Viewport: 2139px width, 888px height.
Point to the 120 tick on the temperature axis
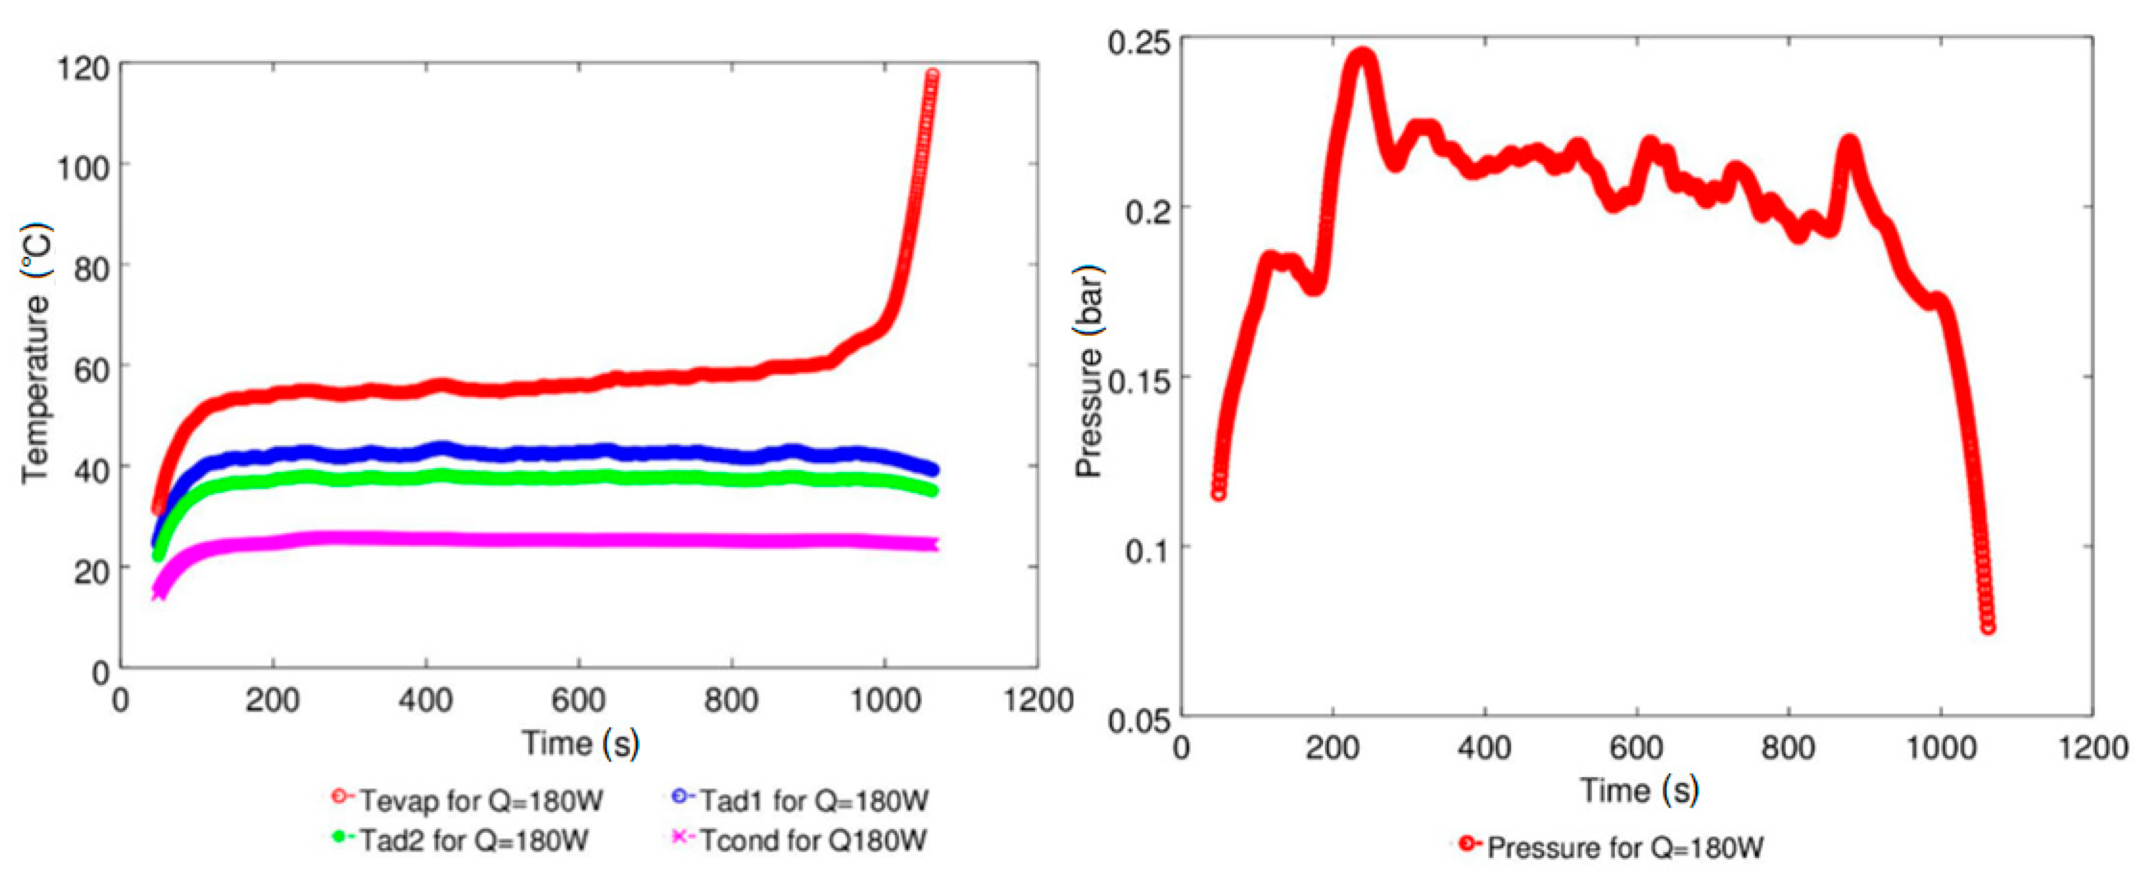[x=83, y=68]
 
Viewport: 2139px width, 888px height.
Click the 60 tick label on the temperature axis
[x=91, y=369]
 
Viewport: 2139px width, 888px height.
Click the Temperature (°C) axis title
[x=37, y=353]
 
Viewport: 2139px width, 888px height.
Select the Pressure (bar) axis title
[x=1089, y=371]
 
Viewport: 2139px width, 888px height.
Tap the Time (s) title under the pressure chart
[x=1637, y=789]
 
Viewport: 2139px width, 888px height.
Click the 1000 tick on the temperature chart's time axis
[x=885, y=700]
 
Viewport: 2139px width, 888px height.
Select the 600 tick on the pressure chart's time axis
[x=1636, y=748]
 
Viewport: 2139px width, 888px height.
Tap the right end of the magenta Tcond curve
[x=934, y=545]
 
